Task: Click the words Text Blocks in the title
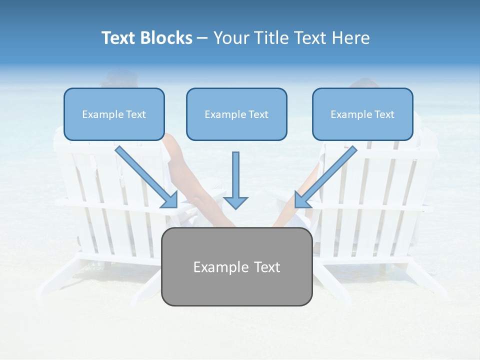point(146,38)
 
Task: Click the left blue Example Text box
point(114,114)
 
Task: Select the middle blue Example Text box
point(236,114)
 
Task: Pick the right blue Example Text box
point(362,114)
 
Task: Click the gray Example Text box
point(236,266)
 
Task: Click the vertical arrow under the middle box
point(235,175)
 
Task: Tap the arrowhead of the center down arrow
point(235,202)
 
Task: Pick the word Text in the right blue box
point(384,114)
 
